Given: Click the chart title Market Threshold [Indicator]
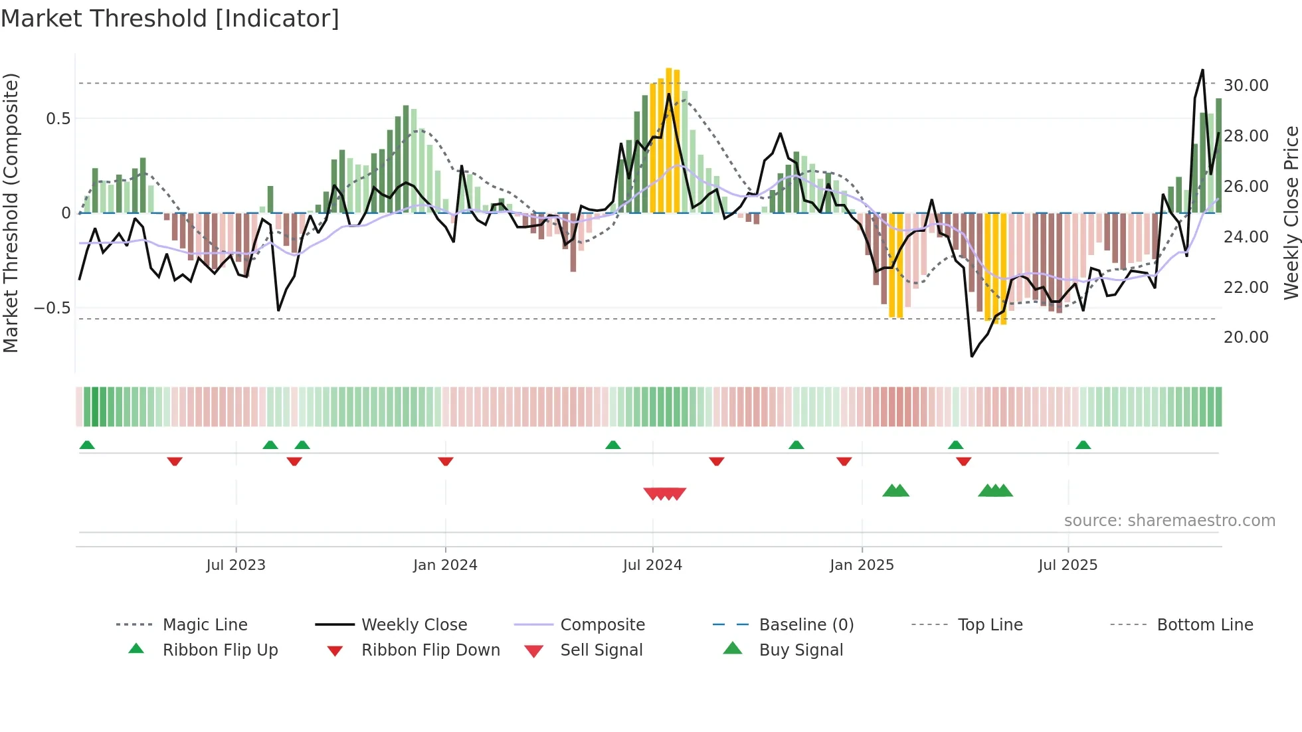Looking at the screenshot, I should pyautogui.click(x=170, y=19).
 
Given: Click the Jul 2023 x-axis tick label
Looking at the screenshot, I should pyautogui.click(x=235, y=565).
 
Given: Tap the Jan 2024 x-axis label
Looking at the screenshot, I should pyautogui.click(x=445, y=565).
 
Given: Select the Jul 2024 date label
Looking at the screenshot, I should pyautogui.click(x=652, y=565).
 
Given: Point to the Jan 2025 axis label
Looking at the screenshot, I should pyautogui.click(x=862, y=565).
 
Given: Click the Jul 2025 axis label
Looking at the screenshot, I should pyautogui.click(x=1068, y=565).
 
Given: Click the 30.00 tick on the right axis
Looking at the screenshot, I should pyautogui.click(x=1246, y=86).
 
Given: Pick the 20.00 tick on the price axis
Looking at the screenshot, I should pyautogui.click(x=1246, y=337).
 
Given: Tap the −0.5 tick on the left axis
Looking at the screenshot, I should pyautogui.click(x=52, y=308).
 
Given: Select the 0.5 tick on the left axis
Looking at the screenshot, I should pyautogui.click(x=58, y=119).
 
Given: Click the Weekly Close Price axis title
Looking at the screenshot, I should pyautogui.click(x=1291, y=213).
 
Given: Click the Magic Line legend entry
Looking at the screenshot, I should pyautogui.click(x=205, y=625).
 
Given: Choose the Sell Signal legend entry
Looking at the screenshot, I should pyautogui.click(x=601, y=650).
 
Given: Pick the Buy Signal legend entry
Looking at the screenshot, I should pyautogui.click(x=800, y=650).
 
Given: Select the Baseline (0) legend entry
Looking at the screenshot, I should pyautogui.click(x=806, y=625).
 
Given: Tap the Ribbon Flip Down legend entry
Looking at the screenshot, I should pyautogui.click(x=430, y=650).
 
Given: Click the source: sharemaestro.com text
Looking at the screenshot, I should pyautogui.click(x=1169, y=521).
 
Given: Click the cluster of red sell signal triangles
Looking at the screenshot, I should pyautogui.click(x=664, y=494).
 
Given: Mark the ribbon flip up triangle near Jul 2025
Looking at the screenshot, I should pyautogui.click(x=1083, y=445).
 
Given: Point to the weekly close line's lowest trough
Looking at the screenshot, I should pyautogui.click(x=972, y=356).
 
